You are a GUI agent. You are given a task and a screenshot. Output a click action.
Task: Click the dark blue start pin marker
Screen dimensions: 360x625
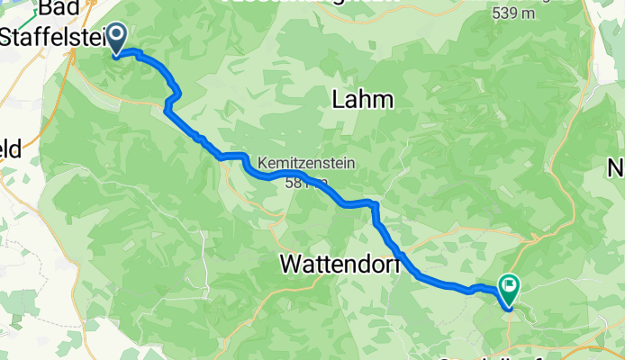coord(117,39)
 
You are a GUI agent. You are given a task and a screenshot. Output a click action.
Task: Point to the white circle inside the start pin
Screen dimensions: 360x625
coord(117,36)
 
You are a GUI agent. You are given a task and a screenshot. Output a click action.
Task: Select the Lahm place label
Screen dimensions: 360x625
coord(364,99)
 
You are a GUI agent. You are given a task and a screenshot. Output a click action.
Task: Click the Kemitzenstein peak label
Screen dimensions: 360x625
coord(306,164)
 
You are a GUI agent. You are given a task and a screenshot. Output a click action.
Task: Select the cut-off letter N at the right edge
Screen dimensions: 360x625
coord(617,167)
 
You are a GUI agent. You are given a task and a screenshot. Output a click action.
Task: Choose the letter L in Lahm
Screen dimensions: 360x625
coord(340,99)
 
